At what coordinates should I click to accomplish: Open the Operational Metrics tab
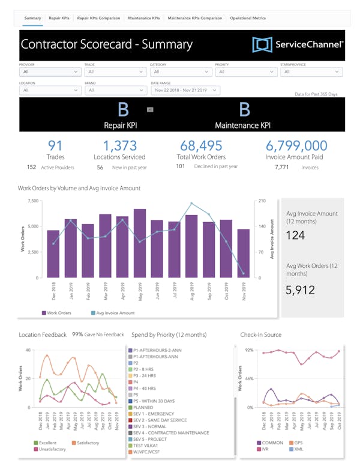[x=248, y=18]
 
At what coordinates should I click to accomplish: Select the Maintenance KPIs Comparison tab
[x=194, y=18]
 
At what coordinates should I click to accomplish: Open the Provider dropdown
[x=50, y=71]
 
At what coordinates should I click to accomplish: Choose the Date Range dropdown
[x=187, y=90]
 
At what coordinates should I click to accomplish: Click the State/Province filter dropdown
[x=311, y=71]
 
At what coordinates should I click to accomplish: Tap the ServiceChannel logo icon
[x=262, y=44]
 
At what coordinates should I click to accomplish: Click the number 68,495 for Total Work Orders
[x=201, y=145]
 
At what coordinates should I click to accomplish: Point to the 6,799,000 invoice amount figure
[x=296, y=145]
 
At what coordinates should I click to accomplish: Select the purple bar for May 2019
[x=140, y=243]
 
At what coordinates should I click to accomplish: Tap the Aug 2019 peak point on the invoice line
[x=191, y=204]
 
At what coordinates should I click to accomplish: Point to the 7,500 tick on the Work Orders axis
[x=34, y=201]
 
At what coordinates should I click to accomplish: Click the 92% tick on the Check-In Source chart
[x=250, y=350]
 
